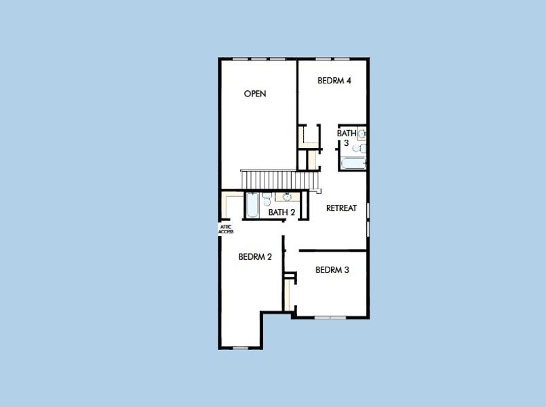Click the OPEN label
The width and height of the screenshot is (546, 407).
coord(255,94)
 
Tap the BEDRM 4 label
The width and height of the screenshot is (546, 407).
coord(334,81)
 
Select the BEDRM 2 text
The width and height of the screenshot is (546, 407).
coord(255,256)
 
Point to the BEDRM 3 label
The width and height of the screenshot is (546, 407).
coord(332,270)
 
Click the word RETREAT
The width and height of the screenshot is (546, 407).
coord(341,208)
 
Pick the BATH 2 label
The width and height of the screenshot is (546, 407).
coord(281,212)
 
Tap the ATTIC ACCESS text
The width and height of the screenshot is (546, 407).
coord(226,230)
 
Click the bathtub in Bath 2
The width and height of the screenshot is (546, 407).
coord(252,205)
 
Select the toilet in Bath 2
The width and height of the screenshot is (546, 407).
coord(267,200)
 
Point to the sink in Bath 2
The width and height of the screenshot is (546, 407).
coord(287,197)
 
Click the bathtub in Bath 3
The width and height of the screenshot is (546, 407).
coord(353,163)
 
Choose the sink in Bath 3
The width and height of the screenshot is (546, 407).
coord(362,134)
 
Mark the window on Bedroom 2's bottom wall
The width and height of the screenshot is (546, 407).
coord(240,348)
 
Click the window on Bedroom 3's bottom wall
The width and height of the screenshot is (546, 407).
coord(330,317)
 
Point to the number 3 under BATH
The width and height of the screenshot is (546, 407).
coord(346,143)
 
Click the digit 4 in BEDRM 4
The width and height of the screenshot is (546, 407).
coord(348,81)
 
